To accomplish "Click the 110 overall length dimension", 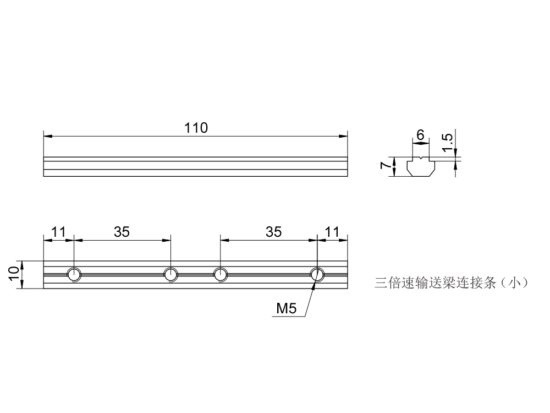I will (196, 128).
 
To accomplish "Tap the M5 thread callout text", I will (286, 308).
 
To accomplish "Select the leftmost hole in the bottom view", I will (74, 274).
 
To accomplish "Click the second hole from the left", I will (170, 274).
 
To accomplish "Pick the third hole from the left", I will (220, 274).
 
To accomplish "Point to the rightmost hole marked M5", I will (317, 274).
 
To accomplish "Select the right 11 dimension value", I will (333, 232).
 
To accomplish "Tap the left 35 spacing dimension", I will (122, 232).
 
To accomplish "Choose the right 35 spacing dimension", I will (273, 232).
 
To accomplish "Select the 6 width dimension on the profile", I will (421, 134).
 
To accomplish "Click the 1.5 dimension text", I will (448, 142).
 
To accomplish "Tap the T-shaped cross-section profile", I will (421, 167).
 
